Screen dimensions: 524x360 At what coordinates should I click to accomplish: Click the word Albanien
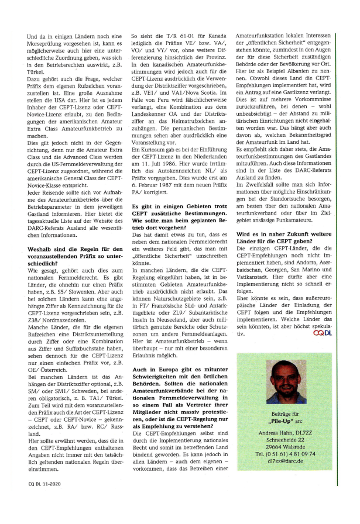coord(307,70)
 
